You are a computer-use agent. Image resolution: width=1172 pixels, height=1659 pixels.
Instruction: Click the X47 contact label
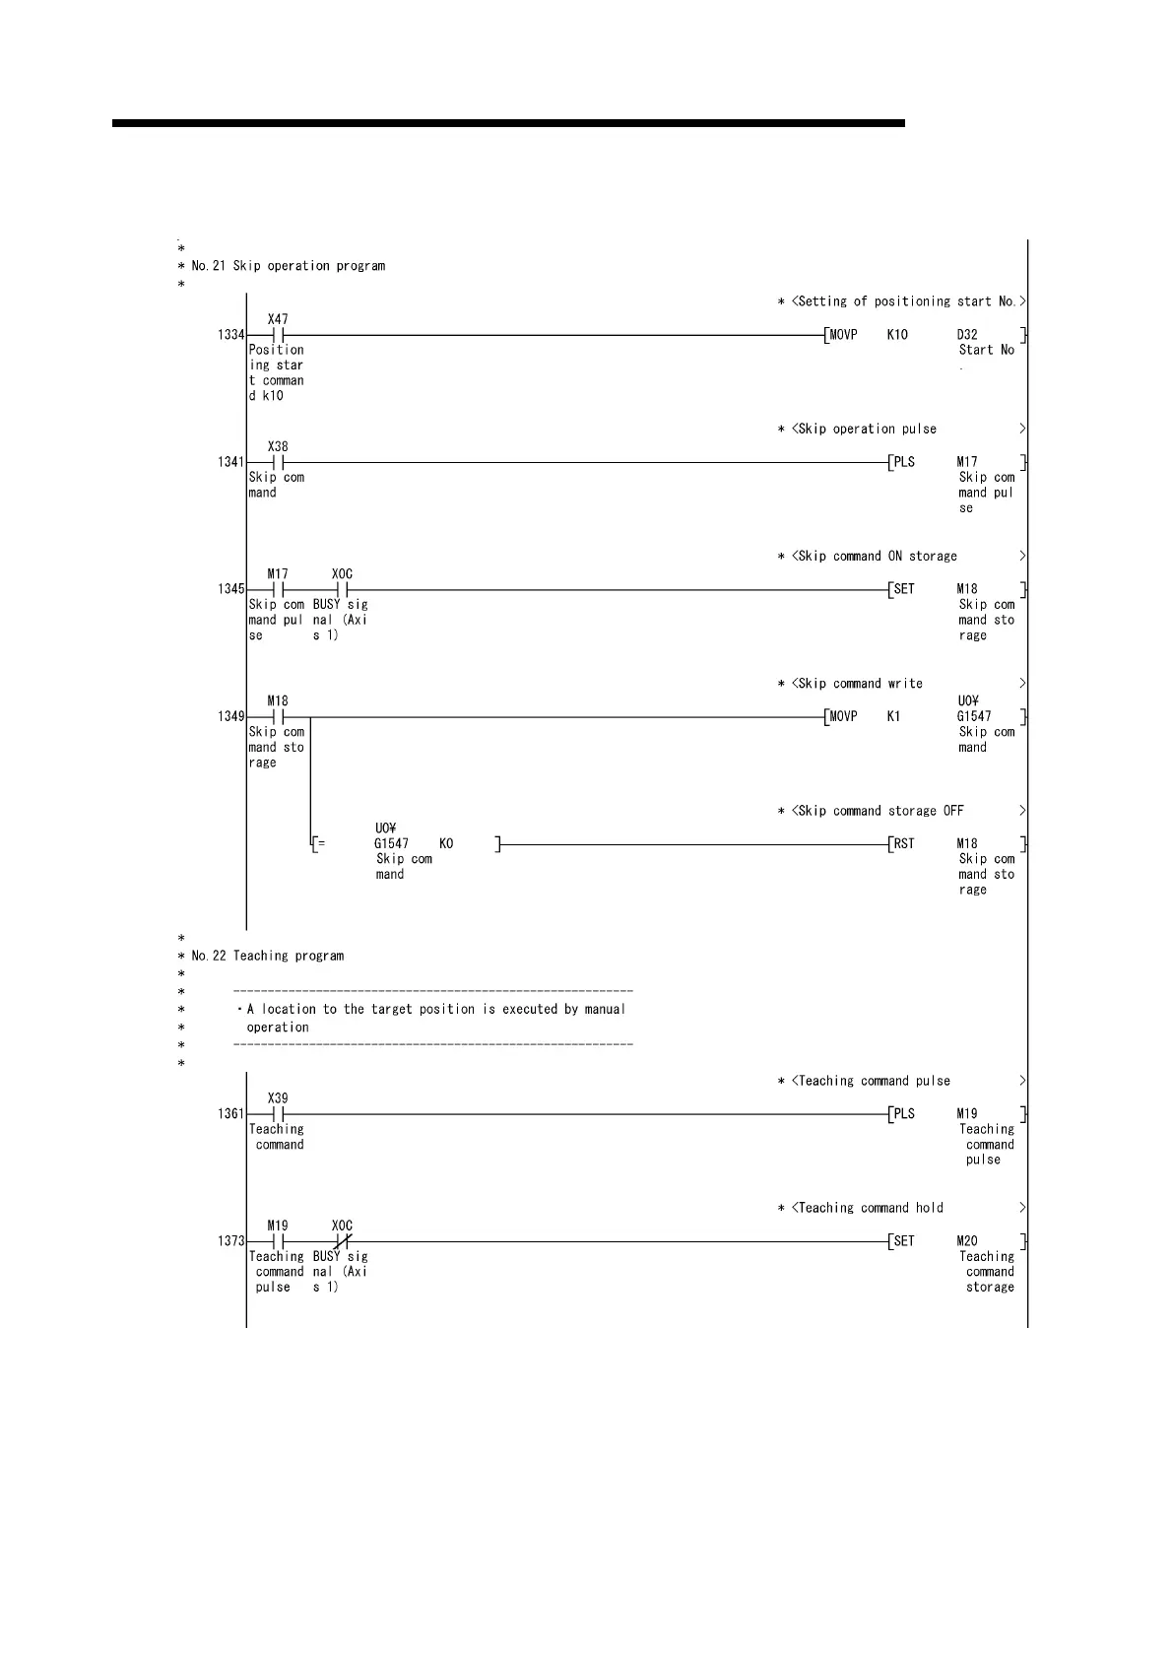tap(278, 319)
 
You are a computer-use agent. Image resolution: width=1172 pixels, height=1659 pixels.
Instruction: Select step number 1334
tap(230, 335)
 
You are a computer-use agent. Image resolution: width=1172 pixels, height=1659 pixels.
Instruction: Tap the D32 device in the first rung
tap(967, 335)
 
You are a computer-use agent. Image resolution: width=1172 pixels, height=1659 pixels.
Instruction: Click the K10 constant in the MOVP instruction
tap(897, 335)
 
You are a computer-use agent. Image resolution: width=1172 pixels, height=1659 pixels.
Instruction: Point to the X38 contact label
tap(278, 446)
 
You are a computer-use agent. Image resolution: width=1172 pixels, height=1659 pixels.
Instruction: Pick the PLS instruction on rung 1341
tap(904, 462)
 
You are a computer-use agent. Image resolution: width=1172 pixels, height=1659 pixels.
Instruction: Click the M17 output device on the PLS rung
tap(967, 462)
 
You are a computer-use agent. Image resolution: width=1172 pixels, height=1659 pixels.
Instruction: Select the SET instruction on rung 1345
tap(904, 589)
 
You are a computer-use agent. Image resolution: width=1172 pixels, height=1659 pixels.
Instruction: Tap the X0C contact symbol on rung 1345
tap(342, 589)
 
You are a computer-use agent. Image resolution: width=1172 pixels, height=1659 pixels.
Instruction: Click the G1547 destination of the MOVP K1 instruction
tap(974, 716)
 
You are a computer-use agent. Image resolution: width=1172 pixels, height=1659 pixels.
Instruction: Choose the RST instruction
tap(904, 843)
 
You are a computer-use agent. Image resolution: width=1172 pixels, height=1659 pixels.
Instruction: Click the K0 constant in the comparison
tap(446, 843)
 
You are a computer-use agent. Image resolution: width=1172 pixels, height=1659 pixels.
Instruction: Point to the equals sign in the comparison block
tap(321, 844)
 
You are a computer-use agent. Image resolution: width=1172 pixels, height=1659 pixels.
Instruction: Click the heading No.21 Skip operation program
tap(288, 266)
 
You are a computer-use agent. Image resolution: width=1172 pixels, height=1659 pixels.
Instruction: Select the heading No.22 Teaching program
tap(267, 956)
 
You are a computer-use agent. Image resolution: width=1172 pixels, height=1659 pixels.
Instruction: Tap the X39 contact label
tap(278, 1098)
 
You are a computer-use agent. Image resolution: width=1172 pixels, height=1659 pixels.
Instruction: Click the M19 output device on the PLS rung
tap(967, 1114)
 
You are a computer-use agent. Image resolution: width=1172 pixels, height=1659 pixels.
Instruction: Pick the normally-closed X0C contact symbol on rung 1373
tap(342, 1241)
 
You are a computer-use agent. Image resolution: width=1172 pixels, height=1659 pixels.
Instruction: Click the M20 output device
tap(967, 1241)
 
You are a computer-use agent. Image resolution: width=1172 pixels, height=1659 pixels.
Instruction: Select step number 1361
tap(230, 1114)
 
